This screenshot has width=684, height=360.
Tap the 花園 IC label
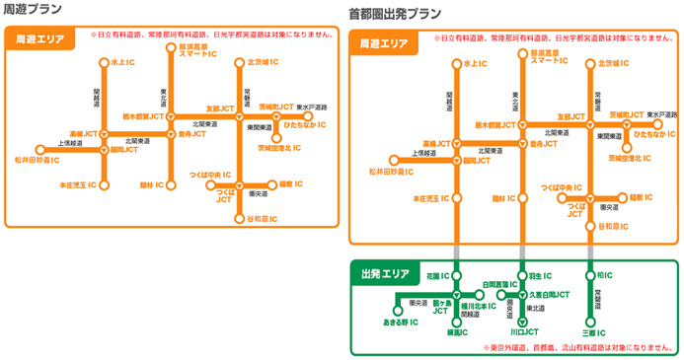438,276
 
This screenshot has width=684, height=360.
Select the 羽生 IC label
539,276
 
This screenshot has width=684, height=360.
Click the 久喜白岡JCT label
551,294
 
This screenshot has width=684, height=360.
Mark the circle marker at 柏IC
589,276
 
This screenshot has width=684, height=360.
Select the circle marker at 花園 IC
456,276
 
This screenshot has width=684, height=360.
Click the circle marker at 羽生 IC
523,276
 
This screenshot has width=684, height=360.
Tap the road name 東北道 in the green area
534,310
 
